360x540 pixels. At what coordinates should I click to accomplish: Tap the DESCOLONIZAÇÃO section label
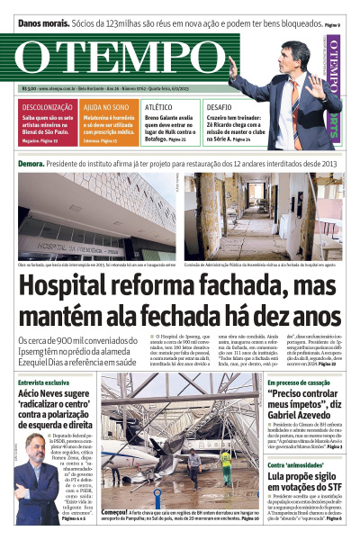[x=48, y=106]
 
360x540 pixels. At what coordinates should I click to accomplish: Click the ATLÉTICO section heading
[x=159, y=106]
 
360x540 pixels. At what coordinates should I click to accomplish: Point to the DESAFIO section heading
[x=219, y=106]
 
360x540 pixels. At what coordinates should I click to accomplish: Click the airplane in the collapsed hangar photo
[x=171, y=450]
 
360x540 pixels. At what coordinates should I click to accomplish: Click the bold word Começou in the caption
[x=118, y=508]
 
